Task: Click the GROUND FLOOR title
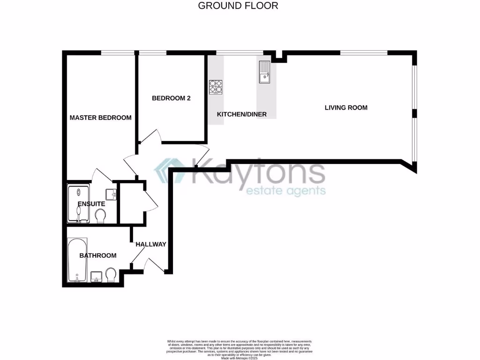point(238,6)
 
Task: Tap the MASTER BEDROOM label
point(100,118)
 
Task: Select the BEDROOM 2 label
point(171,98)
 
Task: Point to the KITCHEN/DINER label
point(242,114)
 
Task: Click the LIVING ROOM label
point(346,108)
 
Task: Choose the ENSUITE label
point(91,204)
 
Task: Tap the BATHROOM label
point(97,255)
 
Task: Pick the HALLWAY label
point(151,244)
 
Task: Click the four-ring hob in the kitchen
point(216,87)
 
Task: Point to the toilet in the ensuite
point(100,216)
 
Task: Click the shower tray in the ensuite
point(78,204)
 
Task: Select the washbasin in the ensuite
point(111,194)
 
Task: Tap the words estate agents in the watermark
point(286,191)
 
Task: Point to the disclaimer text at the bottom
point(240,349)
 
